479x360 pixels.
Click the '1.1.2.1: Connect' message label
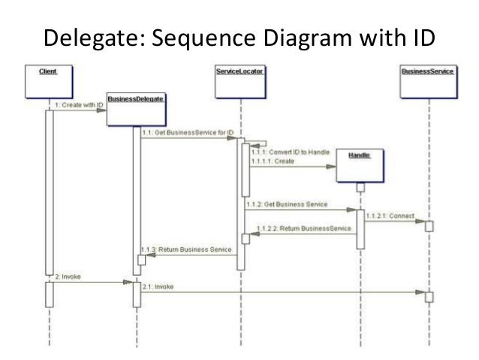[389, 216]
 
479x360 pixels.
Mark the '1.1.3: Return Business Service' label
[185, 249]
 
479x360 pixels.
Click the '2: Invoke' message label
[67, 276]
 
